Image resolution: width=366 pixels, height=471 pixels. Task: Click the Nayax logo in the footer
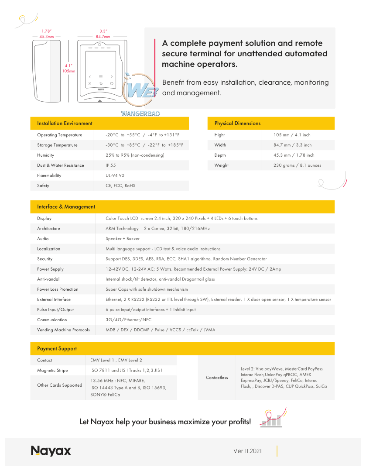coord(51,451)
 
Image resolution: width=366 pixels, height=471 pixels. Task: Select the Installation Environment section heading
coord(65,124)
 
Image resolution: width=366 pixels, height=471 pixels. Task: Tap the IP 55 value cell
coord(110,165)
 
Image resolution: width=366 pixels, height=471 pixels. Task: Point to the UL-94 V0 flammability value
coord(115,175)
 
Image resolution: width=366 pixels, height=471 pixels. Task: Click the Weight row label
coord(221,165)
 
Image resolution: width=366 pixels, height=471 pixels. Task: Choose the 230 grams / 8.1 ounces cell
coord(297,165)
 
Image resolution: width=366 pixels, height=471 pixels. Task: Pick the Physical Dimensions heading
coord(237,124)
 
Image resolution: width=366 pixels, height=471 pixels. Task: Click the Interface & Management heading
coord(66,207)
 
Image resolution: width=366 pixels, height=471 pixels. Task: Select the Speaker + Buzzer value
coord(123,239)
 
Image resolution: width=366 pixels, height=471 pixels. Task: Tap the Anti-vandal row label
coord(48,279)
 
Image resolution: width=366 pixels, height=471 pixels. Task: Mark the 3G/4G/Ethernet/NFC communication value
coord(128,320)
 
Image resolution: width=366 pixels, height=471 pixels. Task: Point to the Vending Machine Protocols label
coord(63,330)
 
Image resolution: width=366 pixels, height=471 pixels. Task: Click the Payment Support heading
coord(57,349)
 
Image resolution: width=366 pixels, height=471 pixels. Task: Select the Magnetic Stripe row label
coord(52,371)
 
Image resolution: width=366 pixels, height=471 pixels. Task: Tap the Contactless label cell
coord(217,378)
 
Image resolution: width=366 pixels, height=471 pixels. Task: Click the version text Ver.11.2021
coord(247,451)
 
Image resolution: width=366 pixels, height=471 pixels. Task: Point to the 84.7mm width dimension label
coord(103,37)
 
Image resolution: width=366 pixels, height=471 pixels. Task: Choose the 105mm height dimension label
coord(68,71)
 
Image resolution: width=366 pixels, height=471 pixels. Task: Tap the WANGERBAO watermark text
coord(140,113)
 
